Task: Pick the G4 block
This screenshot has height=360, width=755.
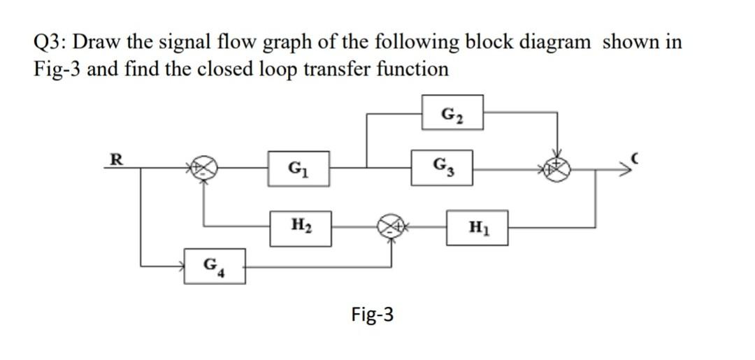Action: [x=213, y=266]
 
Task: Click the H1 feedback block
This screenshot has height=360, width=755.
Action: [x=477, y=227]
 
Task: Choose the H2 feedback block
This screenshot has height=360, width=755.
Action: [x=301, y=227]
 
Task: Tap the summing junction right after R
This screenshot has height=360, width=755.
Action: [x=203, y=168]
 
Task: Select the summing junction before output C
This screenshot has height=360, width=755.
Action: [x=557, y=168]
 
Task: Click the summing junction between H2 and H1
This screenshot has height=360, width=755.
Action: [x=391, y=226]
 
